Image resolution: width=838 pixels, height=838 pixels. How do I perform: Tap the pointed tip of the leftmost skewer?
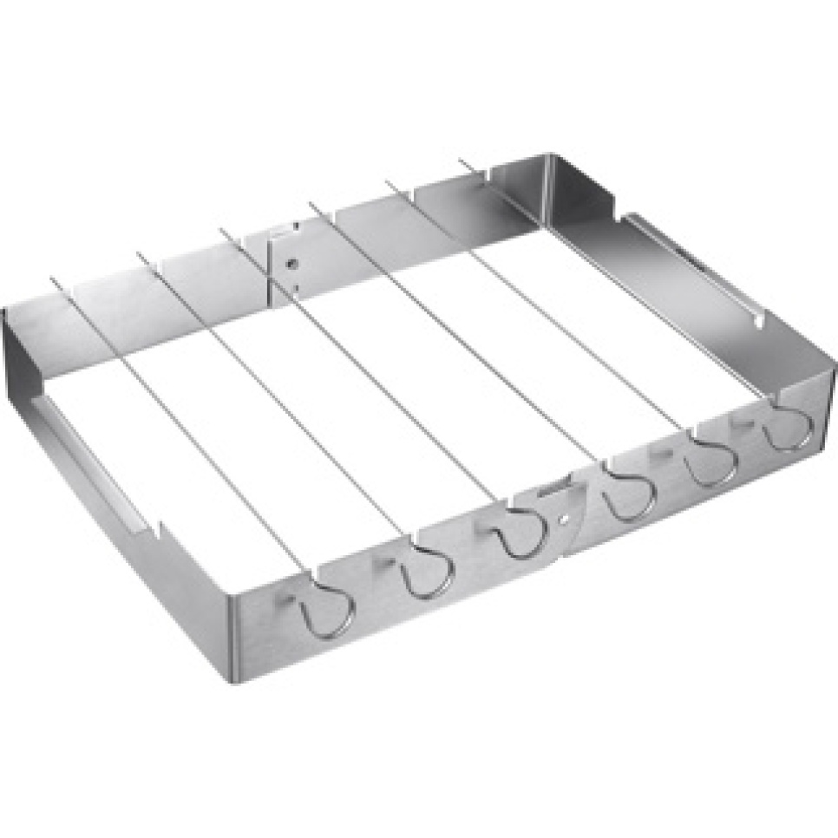tap(52, 279)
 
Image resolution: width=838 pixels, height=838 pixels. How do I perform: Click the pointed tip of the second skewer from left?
tap(137, 254)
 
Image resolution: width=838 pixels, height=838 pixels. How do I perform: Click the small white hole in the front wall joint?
tap(565, 520)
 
